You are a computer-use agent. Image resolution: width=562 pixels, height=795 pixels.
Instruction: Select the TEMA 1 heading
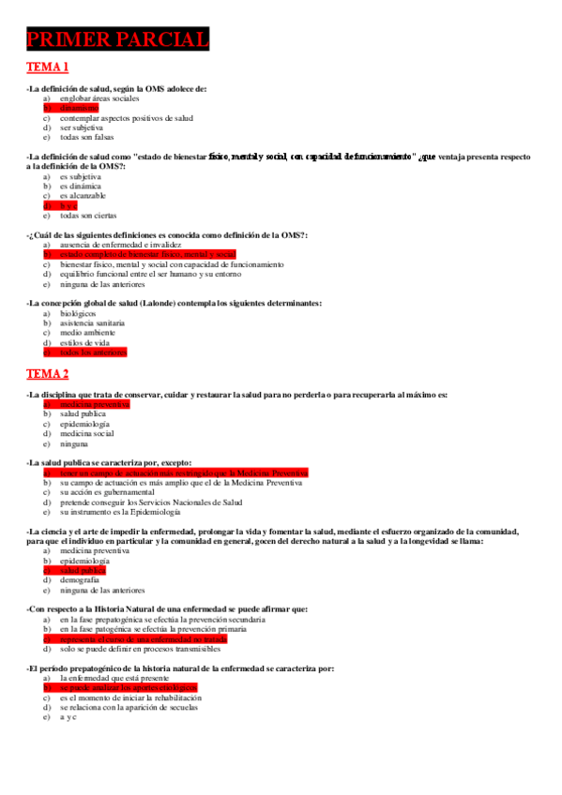(x=48, y=67)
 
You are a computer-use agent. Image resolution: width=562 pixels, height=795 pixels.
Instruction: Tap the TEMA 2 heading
(x=48, y=374)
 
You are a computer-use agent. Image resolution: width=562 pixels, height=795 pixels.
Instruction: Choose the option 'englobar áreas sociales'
(x=99, y=97)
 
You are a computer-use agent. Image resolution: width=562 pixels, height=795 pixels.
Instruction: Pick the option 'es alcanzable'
(x=83, y=195)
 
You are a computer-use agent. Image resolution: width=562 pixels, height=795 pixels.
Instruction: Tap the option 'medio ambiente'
(x=87, y=332)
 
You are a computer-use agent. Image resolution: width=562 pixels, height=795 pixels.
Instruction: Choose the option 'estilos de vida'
(x=84, y=342)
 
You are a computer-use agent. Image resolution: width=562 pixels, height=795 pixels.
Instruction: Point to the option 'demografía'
(x=81, y=580)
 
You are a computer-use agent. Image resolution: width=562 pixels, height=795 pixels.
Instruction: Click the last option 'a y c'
(x=68, y=717)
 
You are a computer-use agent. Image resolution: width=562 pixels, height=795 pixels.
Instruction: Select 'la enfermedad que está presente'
(x=117, y=677)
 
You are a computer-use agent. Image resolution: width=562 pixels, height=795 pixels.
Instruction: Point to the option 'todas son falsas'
(x=86, y=137)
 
